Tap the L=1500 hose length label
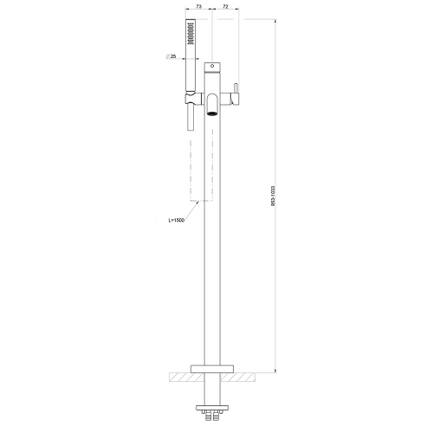(x=178, y=221)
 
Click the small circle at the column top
(x=210, y=67)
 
